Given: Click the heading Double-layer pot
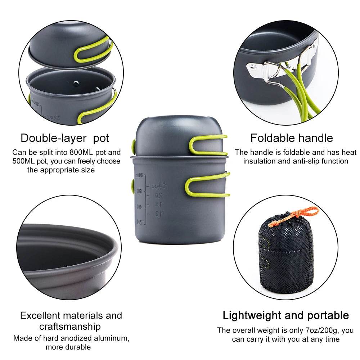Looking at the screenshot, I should [x=65, y=138].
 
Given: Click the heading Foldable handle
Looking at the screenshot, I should [x=292, y=138].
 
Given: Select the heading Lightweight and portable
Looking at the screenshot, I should [x=285, y=315].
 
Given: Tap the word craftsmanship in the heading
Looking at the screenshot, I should [x=70, y=327].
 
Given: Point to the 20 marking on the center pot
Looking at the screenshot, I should [x=158, y=195].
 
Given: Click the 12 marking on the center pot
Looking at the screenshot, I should [x=158, y=214].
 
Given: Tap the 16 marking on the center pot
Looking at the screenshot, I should [x=158, y=204].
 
